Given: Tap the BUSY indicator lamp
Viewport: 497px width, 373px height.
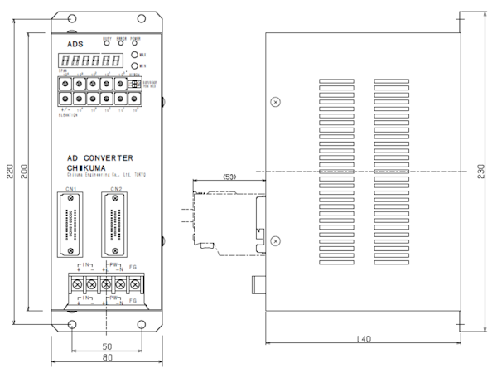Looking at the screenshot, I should point(107,45).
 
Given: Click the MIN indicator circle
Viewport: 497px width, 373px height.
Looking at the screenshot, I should point(134,65).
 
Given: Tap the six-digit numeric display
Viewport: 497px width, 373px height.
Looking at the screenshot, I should point(88,61).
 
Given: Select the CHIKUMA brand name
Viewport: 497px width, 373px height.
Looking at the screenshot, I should point(86,167).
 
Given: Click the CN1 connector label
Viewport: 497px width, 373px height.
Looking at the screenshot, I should point(72,189).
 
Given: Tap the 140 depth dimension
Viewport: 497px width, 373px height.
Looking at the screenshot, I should point(363,340).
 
